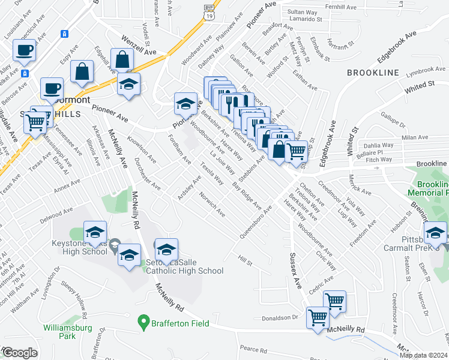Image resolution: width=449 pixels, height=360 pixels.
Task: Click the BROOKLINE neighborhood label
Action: coord(372,73)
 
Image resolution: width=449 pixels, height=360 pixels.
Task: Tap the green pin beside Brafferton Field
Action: coord(143,323)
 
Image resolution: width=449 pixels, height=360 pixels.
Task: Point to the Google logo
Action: coord(20,353)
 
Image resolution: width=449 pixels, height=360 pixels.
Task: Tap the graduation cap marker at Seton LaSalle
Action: coord(166,250)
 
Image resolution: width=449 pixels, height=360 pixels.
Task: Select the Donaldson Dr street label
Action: coord(280,317)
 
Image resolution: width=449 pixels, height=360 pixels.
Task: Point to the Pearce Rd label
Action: coord(252,349)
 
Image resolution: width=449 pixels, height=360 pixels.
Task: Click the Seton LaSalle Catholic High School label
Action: coord(184,266)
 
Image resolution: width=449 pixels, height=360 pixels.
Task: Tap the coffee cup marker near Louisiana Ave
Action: coord(24,51)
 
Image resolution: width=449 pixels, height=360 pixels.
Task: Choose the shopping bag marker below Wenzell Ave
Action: coord(122,59)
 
